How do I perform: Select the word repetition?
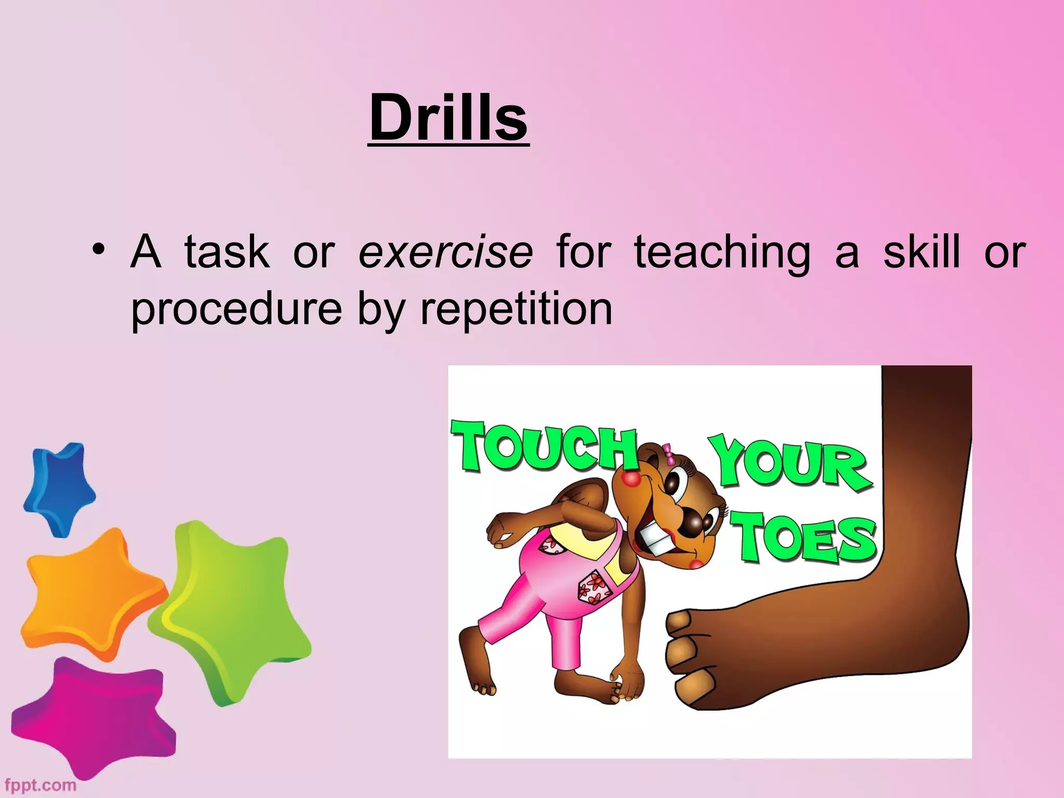[x=516, y=310]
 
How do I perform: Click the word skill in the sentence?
[x=922, y=252]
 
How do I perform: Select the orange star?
[x=91, y=592]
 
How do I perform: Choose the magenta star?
[x=94, y=717]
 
